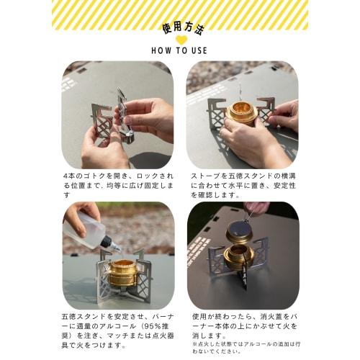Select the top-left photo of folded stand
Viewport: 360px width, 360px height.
[x=117, y=114]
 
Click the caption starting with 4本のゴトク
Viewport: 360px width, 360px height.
[x=117, y=184]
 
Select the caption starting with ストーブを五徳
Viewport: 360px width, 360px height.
[x=243, y=184]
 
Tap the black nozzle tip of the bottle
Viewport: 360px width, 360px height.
[x=112, y=246]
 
